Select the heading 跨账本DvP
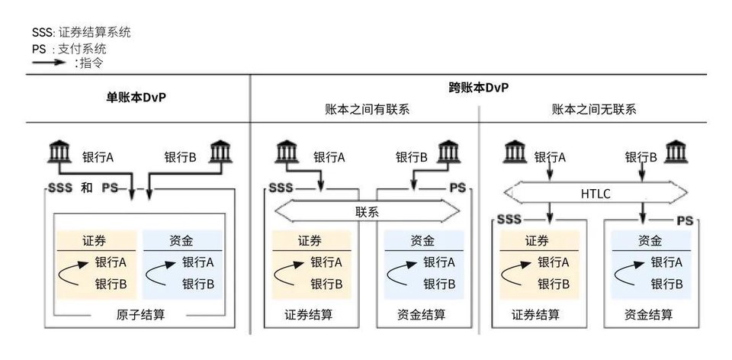point(478,88)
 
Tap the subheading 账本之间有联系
point(367,109)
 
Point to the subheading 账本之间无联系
point(594,109)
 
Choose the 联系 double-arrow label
point(367,211)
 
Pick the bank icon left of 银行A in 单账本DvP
point(59,153)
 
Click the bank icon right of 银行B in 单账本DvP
point(221,153)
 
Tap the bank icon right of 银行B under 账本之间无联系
point(676,153)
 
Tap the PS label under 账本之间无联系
point(685,220)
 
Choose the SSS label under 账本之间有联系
point(280,188)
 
